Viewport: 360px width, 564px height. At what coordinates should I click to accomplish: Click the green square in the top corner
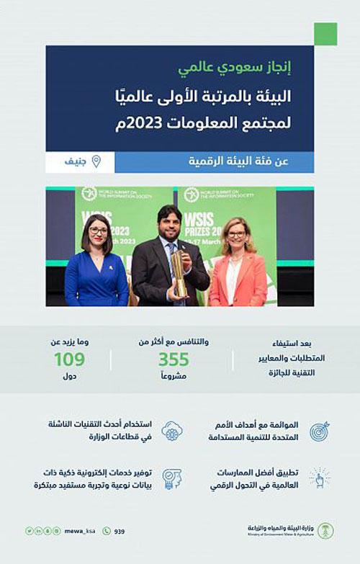tap(325, 34)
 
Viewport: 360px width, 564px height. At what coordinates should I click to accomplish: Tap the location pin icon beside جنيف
tap(96, 161)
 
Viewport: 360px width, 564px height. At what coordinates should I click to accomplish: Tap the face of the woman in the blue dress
tap(98, 235)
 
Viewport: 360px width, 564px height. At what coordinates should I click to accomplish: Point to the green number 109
tap(69, 359)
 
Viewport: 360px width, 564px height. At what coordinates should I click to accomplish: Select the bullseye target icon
tap(319, 431)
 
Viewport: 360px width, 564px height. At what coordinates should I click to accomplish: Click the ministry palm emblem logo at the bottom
tap(325, 532)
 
